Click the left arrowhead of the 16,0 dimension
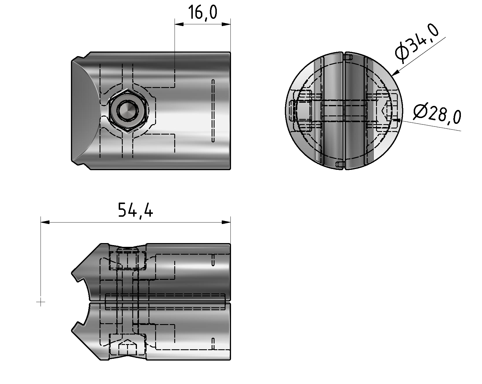coord(179,24)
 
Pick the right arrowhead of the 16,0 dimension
coord(226,24)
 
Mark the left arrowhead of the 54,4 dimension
coord(45,222)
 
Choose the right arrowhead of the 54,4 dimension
coord(226,222)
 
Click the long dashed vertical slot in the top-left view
coord(213,111)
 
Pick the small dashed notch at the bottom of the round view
coord(340,165)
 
